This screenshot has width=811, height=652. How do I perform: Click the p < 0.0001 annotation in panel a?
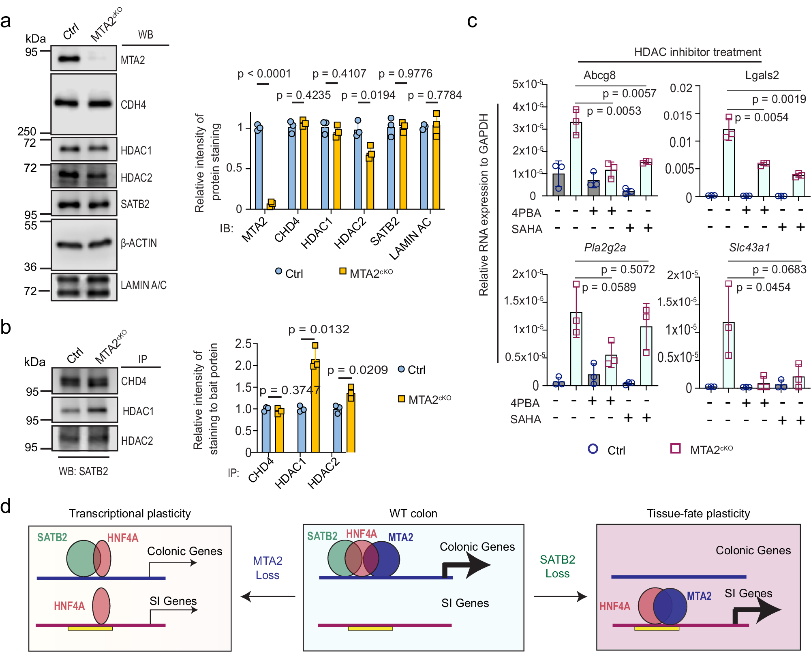click(264, 74)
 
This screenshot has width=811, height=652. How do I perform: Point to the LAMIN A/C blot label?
click(143, 285)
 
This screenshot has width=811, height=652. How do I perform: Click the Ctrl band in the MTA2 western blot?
click(69, 59)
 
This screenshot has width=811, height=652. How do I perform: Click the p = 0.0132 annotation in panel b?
click(319, 329)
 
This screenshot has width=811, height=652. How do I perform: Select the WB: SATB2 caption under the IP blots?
click(83, 471)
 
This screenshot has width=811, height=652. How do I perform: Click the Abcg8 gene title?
click(599, 75)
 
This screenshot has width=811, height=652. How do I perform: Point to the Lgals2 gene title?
click(762, 75)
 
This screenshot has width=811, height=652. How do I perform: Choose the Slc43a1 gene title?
click(749, 247)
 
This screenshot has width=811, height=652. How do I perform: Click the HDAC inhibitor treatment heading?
click(697, 52)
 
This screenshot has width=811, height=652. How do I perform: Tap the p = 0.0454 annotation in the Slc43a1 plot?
click(763, 287)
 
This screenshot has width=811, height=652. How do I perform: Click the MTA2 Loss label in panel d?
click(267, 568)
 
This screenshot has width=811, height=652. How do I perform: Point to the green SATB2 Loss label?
click(557, 566)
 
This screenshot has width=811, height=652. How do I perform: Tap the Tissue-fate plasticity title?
click(698, 513)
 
